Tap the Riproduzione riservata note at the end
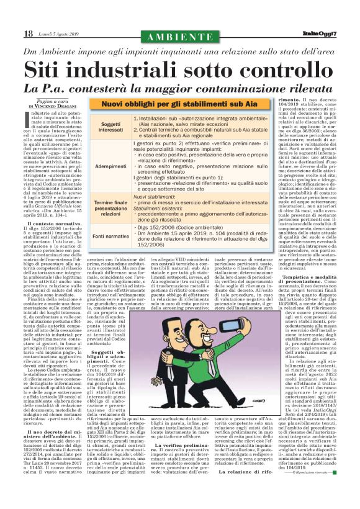(x=319, y=489)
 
